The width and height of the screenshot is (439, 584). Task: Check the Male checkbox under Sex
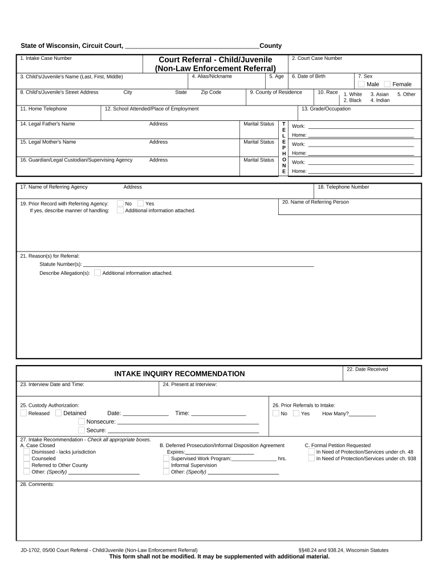pyautogui.click(x=361, y=84)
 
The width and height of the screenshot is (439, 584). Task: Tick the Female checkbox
pyautogui.click(x=387, y=84)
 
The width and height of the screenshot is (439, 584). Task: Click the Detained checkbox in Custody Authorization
pyautogui.click(x=58, y=413)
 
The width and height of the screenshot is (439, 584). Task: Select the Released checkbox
pyautogui.click(x=23, y=413)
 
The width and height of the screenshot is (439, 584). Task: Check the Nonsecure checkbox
pyautogui.click(x=82, y=421)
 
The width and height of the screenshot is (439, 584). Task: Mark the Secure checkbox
pyautogui.click(x=82, y=430)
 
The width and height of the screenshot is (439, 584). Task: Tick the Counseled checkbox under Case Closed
pyautogui.click(x=26, y=458)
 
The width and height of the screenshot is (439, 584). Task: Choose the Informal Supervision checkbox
pyautogui.click(x=166, y=465)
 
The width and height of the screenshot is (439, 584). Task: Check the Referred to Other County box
pyautogui.click(x=26, y=465)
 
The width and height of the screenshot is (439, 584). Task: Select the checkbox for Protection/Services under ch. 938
pyautogui.click(x=311, y=458)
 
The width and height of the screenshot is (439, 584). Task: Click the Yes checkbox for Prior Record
pyautogui.click(x=140, y=203)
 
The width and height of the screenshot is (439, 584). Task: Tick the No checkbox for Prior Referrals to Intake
pyautogui.click(x=276, y=413)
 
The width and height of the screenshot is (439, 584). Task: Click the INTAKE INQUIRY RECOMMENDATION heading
pyautogui.click(x=180, y=374)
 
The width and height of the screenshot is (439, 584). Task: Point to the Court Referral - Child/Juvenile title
pyautogui.click(x=215, y=60)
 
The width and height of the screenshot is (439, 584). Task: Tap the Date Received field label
pyautogui.click(x=367, y=370)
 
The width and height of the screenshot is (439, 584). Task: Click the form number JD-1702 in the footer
pyautogui.click(x=30, y=550)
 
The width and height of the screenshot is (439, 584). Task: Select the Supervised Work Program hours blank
pyautogui.click(x=254, y=459)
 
